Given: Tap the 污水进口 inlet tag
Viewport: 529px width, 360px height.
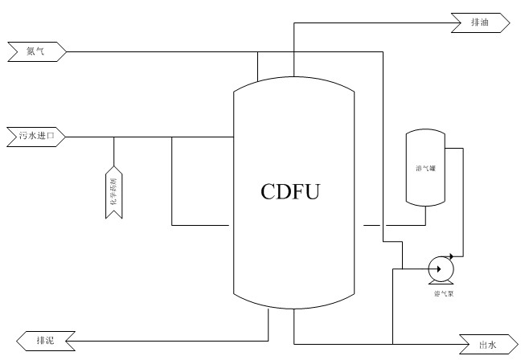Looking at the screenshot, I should [36, 136].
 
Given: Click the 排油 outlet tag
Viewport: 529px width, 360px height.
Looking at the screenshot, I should [480, 22].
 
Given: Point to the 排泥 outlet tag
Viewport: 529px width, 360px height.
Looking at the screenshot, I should [46, 340].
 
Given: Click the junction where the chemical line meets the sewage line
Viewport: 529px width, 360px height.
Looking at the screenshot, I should [114, 137].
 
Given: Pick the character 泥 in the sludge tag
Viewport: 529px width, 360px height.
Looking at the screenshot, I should [51, 340].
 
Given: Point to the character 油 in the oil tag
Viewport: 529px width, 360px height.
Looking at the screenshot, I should [485, 22].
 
